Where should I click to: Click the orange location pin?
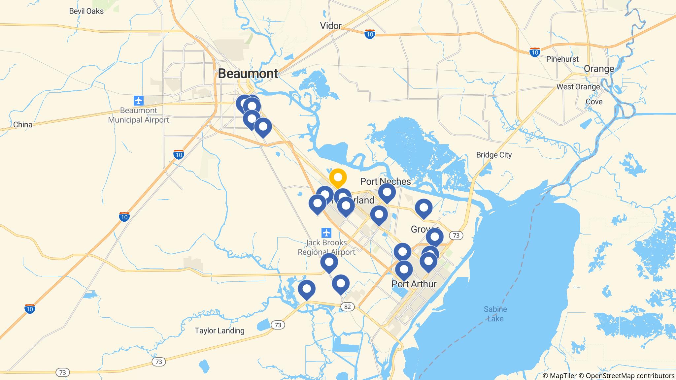click(338, 178)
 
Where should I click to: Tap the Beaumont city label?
click(248, 74)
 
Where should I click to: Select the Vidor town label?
click(331, 25)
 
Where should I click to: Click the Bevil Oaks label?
click(86, 11)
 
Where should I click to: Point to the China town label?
click(23, 125)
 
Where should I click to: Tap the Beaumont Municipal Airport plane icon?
click(139, 100)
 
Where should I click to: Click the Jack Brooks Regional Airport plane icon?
click(326, 233)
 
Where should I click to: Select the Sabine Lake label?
click(495, 314)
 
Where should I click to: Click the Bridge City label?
click(494, 155)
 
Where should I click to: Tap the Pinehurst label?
click(562, 59)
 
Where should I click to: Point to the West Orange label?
click(578, 87)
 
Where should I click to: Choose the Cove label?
click(594, 102)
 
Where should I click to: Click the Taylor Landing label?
click(220, 331)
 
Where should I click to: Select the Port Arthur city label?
click(414, 284)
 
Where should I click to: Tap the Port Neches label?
click(385, 181)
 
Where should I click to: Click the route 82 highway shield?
click(347, 307)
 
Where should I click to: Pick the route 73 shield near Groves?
click(456, 236)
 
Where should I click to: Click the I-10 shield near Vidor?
click(370, 34)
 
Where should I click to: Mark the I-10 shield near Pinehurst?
click(535, 52)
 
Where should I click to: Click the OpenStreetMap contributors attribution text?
click(630, 376)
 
